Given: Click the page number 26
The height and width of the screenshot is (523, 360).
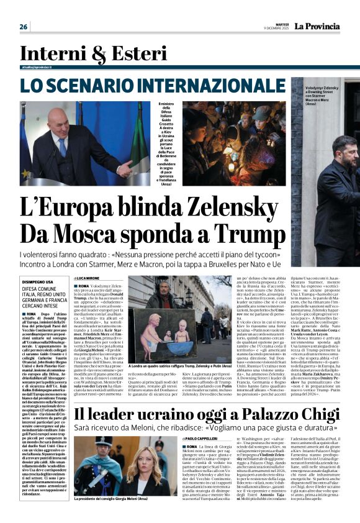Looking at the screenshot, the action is click(24, 27).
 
